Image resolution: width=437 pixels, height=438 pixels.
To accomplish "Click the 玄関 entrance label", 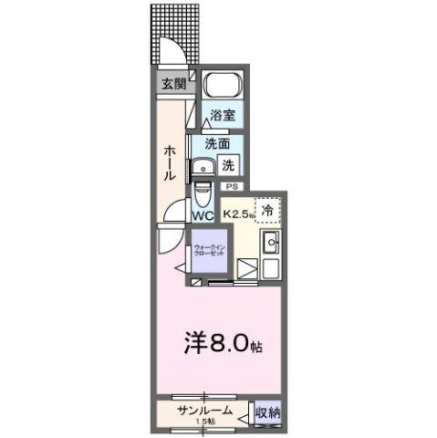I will tap(172, 84).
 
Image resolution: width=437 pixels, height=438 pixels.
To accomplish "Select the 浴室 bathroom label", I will tap(222, 116).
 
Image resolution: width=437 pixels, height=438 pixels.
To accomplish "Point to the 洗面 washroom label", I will tap(216, 143).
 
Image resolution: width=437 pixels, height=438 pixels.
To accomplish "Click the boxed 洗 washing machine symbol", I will tap(230, 165).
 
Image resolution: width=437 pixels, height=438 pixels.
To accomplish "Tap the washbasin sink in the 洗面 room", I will tap(201, 167).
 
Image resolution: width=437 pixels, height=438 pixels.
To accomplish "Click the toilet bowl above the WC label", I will tap(203, 195).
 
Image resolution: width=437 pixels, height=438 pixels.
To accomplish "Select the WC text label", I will tap(203, 215).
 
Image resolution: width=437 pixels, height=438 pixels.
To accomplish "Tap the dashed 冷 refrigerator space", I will tap(267, 210).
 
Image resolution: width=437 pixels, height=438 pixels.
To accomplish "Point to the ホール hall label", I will tap(171, 162).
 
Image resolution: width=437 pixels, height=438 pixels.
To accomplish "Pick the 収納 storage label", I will tap(268, 412).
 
